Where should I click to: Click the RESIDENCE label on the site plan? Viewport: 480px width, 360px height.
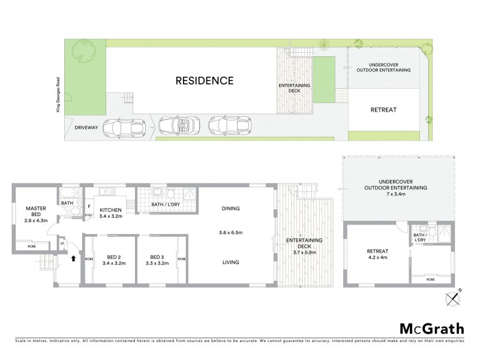pos(204,80)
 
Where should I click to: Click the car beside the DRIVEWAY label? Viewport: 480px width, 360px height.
pos(125,127)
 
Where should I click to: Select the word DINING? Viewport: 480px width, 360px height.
pos(230,209)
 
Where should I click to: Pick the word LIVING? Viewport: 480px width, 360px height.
pos(230,262)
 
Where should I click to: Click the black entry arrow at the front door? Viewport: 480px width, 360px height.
pos(73,259)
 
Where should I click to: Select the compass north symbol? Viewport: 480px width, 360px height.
pos(452,298)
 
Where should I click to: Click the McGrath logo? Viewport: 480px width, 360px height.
pos(431,328)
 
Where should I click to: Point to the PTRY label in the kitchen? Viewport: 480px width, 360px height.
pos(88,215)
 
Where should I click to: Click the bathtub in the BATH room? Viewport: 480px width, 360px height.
pos(70,193)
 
